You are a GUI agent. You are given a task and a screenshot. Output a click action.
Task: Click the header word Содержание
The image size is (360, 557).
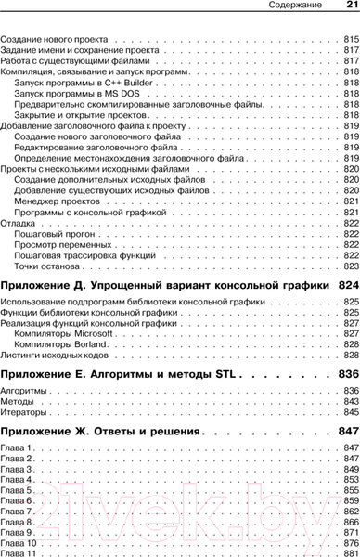click(283, 7)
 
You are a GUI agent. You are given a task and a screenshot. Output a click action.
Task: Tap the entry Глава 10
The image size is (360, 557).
click(22, 543)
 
